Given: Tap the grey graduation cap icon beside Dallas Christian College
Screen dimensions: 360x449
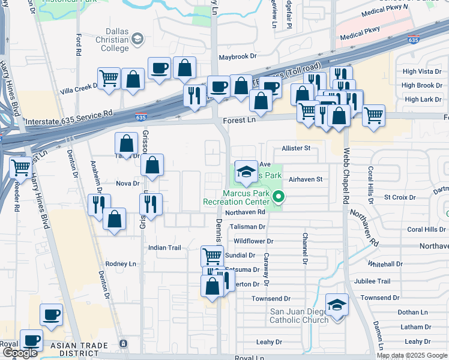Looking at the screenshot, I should (x=138, y=40).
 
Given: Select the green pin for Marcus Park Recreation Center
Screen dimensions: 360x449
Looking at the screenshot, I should (x=278, y=196).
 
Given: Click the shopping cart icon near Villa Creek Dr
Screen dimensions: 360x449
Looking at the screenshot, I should (x=109, y=79).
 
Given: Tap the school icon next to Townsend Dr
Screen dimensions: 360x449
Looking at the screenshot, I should (x=337, y=305).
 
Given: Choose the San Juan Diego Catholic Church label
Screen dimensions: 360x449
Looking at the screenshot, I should (x=298, y=316).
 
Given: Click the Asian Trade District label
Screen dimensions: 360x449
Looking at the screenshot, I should (x=79, y=346).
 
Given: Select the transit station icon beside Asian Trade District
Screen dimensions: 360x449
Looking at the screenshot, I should (x=123, y=344).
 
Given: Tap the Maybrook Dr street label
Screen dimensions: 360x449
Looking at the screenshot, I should (x=237, y=56).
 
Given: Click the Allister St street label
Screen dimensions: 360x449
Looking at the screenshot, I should (x=296, y=148).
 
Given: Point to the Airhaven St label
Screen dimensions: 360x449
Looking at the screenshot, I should (x=306, y=179).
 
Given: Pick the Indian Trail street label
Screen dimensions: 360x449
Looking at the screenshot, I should (x=164, y=247).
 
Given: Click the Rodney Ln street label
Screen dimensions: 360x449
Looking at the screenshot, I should (x=121, y=264).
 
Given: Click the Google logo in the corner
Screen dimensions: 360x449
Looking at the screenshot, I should (x=19, y=353).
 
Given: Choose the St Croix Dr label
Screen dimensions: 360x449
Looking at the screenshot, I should (x=400, y=197).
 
